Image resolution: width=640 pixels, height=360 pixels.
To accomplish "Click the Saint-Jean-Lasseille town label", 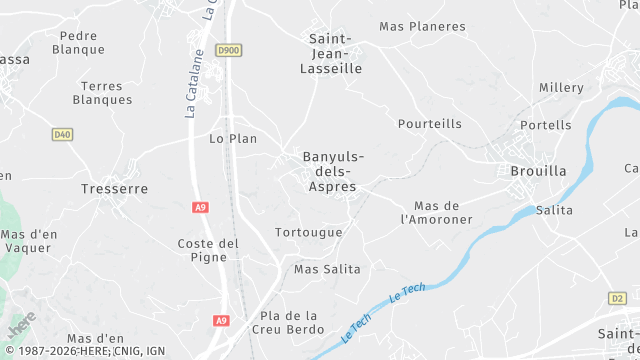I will (x=331, y=54).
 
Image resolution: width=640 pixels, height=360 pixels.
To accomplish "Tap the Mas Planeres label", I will (x=423, y=27).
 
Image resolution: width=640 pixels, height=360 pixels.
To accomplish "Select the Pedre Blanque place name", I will (x=78, y=42).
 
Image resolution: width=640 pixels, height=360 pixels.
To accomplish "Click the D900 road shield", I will (x=229, y=49).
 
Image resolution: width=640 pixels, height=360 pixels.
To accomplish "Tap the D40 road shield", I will (x=62, y=134).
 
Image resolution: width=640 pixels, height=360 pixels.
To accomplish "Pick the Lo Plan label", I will (x=233, y=138).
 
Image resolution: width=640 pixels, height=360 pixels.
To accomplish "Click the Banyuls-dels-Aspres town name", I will (x=333, y=172).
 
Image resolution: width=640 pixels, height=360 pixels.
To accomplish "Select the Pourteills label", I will (x=430, y=124).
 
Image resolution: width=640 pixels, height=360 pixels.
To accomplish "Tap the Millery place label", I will (x=561, y=88).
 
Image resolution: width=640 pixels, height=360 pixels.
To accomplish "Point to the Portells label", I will (x=547, y=125).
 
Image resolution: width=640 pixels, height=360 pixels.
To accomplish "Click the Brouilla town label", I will (x=537, y=171).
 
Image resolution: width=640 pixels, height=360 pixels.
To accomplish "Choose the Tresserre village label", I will (x=114, y=188).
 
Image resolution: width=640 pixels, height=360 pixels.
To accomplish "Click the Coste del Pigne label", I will (x=208, y=250).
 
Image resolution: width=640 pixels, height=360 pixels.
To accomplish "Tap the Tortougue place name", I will (x=308, y=232).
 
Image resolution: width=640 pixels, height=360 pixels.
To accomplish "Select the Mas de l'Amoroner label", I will (x=436, y=212).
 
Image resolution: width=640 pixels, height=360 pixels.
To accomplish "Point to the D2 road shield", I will (x=617, y=298).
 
